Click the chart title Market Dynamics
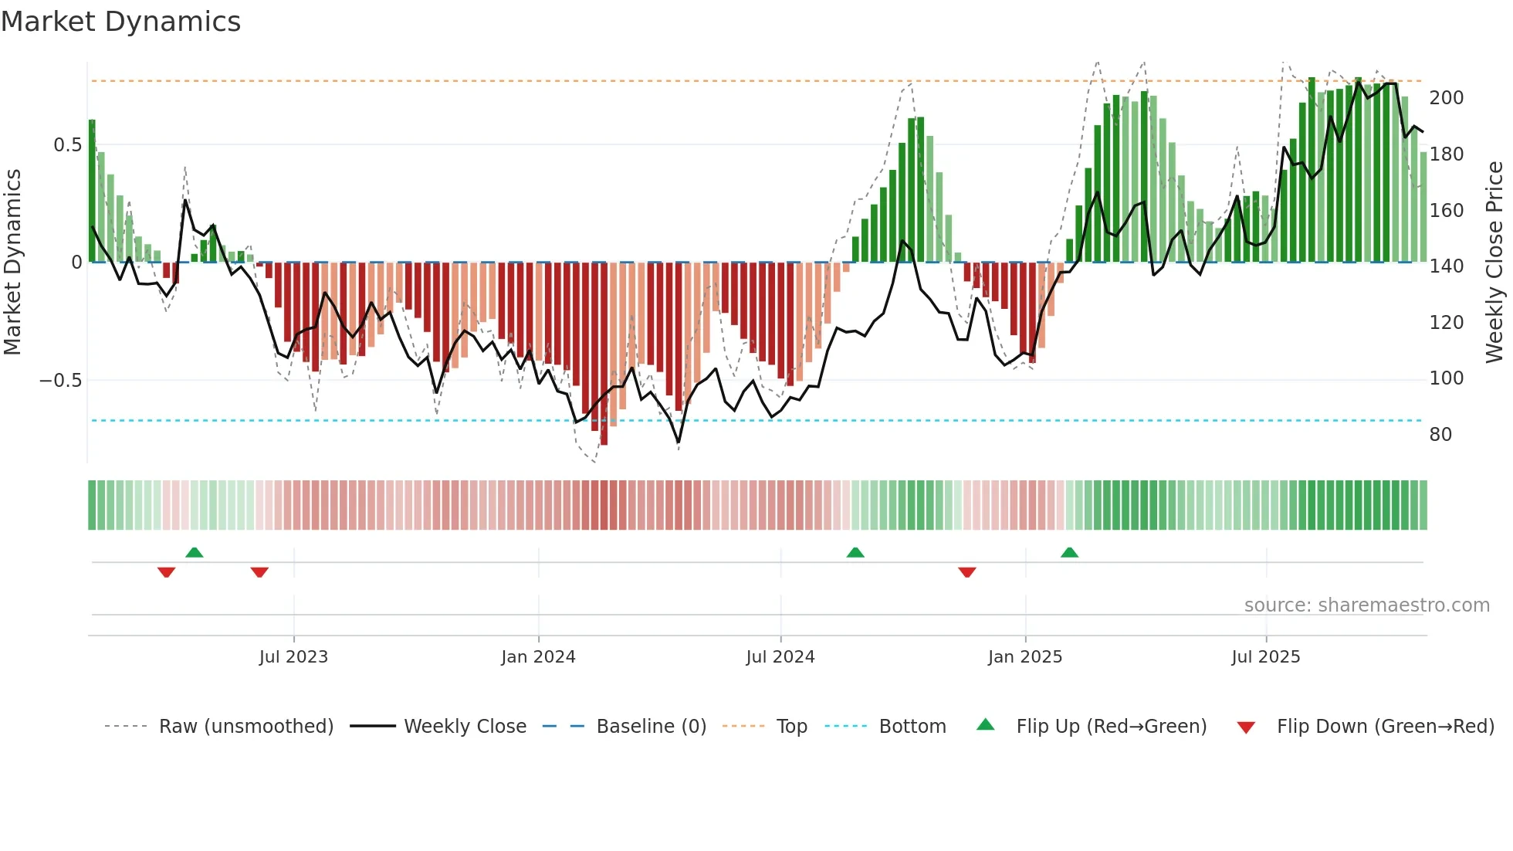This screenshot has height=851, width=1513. tap(120, 22)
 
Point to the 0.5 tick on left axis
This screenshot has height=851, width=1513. tap(67, 145)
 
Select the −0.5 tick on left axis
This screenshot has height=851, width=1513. tap(60, 381)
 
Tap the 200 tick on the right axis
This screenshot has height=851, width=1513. tap(1446, 98)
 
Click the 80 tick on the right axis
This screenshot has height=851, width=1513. tap(1440, 435)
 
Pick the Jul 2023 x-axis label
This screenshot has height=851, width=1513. tap(293, 657)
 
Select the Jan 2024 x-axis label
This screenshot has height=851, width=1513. tap(538, 657)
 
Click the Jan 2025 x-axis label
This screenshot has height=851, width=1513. tap(1024, 657)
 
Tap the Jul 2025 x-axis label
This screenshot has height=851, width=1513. tap(1265, 657)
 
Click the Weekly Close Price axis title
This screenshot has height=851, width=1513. tap(1494, 263)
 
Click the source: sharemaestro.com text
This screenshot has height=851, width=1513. tap(1366, 605)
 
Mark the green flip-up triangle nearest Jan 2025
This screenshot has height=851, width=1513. tap(1069, 553)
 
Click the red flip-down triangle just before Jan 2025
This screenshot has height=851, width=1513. tap(967, 572)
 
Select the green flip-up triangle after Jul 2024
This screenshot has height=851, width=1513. tap(855, 553)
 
